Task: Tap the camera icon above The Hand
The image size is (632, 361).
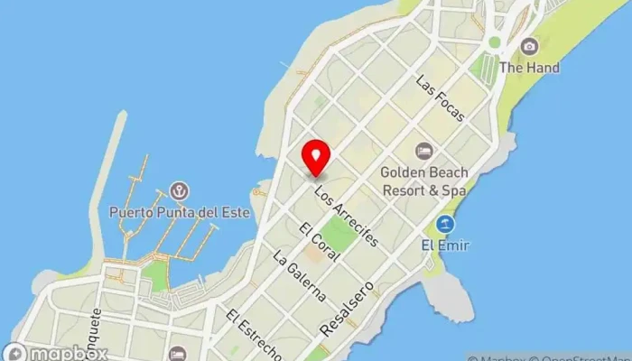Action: (x=530, y=47)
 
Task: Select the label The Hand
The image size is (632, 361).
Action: (x=530, y=68)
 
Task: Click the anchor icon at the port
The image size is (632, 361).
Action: (x=179, y=191)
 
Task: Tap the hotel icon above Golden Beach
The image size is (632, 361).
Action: (x=423, y=150)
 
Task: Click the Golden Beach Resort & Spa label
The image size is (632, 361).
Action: (x=423, y=180)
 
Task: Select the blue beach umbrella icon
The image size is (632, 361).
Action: (x=444, y=223)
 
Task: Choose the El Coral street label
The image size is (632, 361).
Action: (x=321, y=242)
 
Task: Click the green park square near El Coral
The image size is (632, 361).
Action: (x=339, y=232)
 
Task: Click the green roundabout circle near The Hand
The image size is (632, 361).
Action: (x=495, y=42)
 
